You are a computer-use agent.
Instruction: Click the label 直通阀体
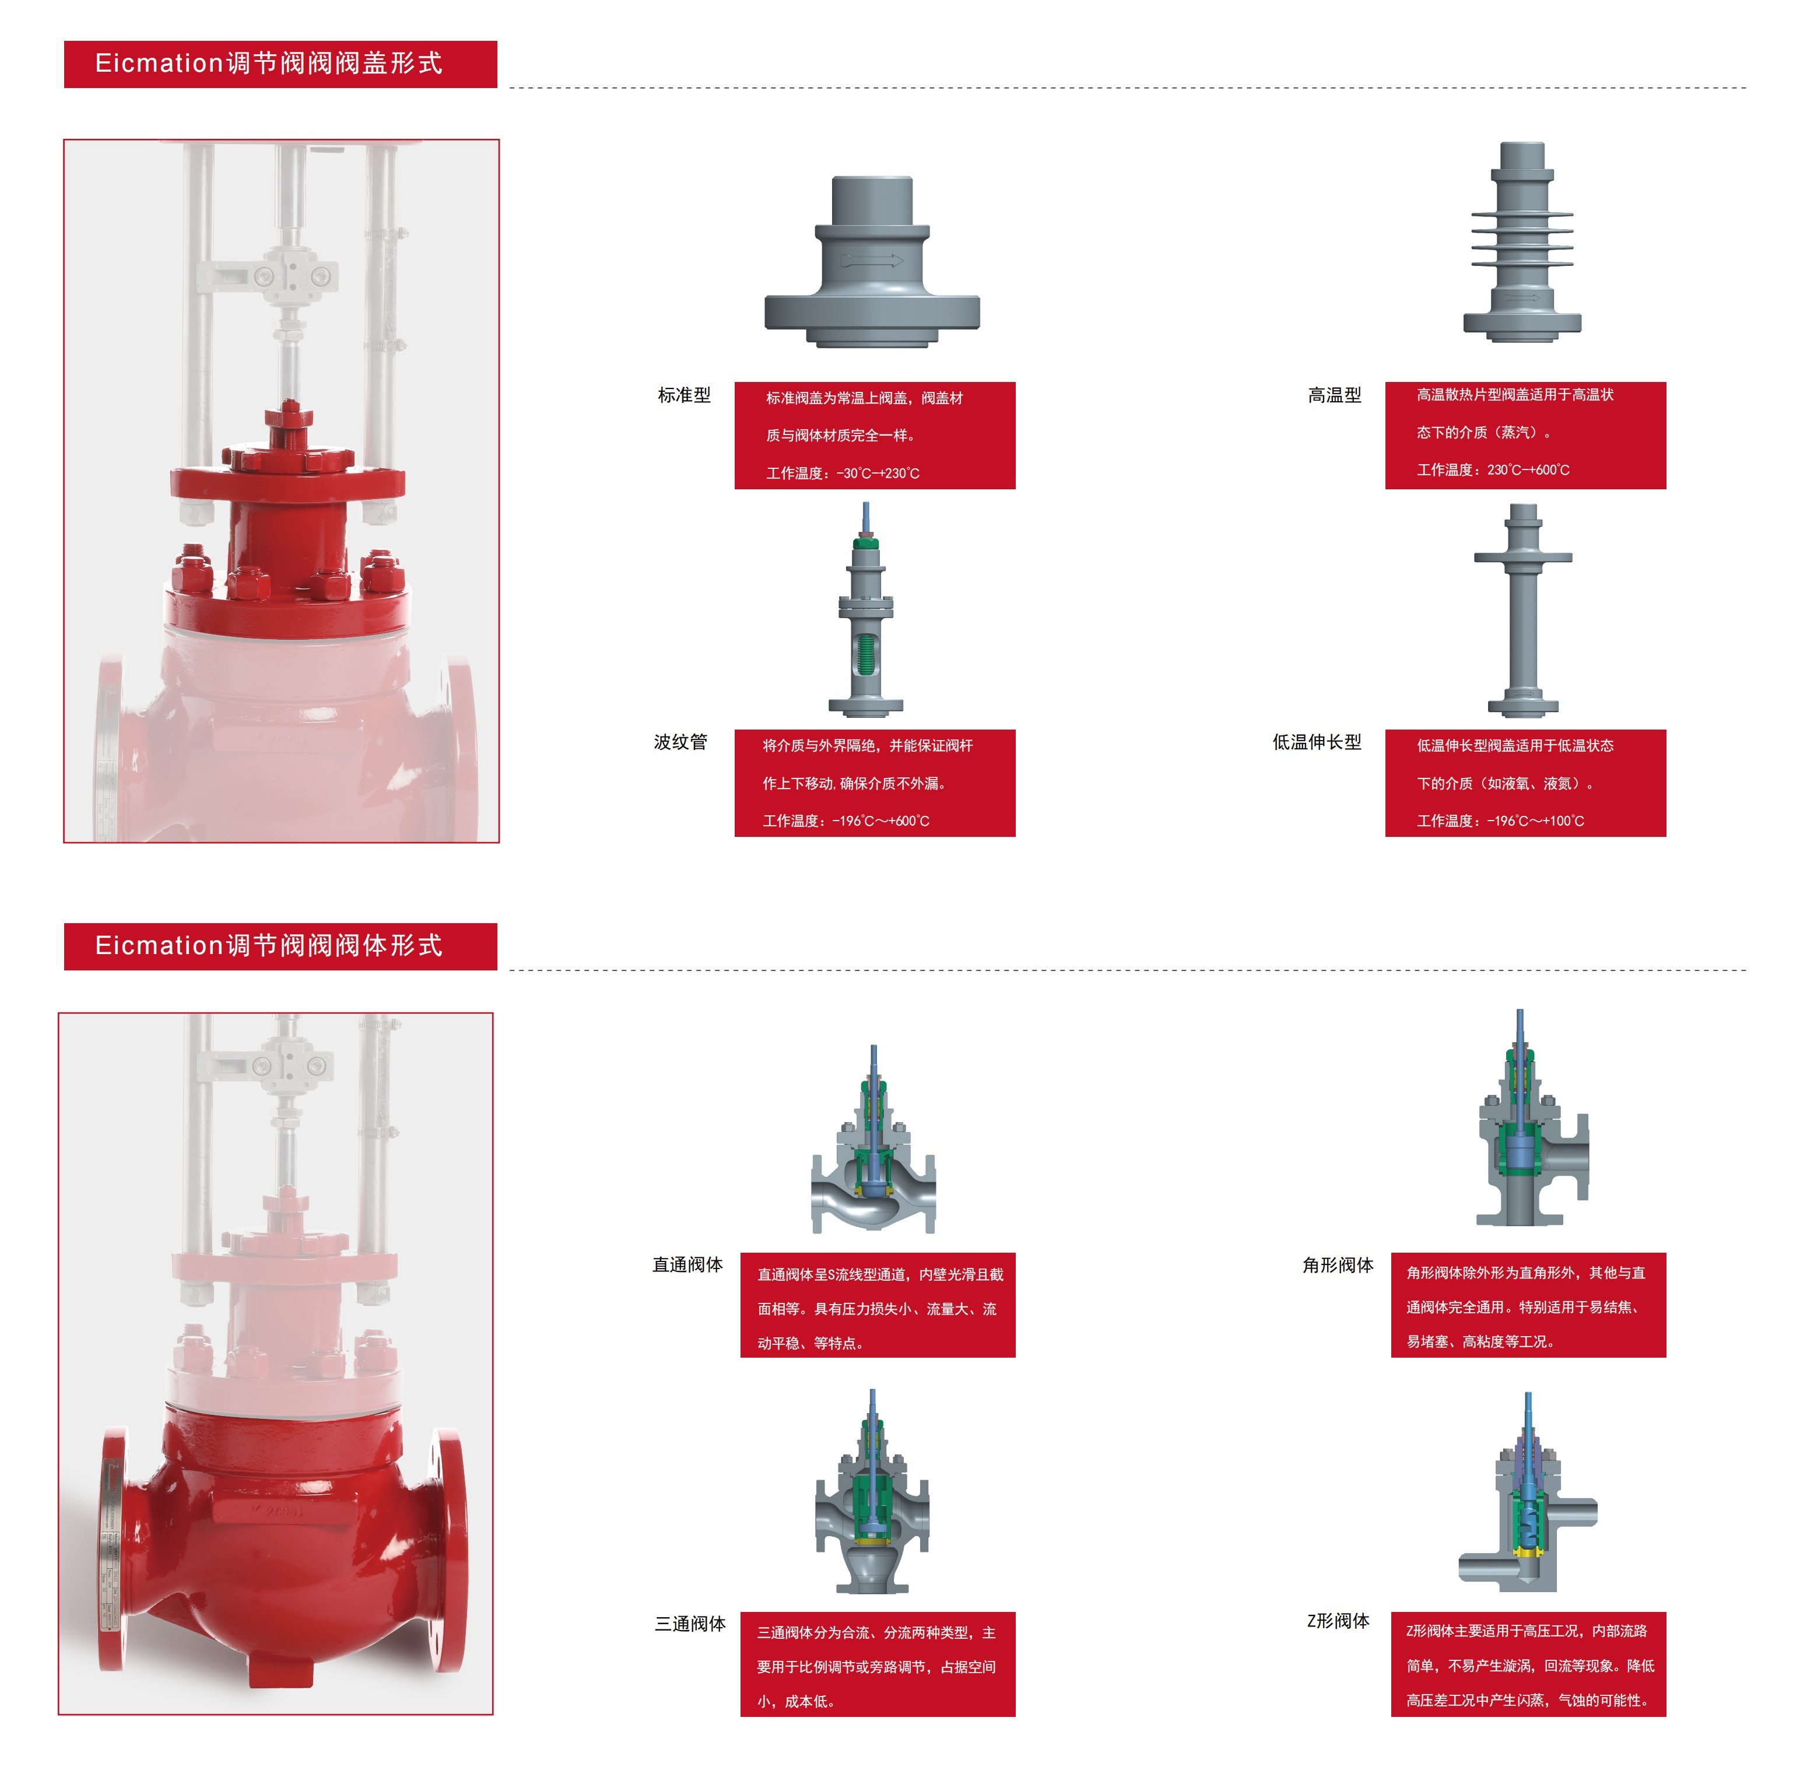coord(687,1266)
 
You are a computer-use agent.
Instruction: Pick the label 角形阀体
coord(1338,1266)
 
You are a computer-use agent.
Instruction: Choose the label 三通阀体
coord(690,1625)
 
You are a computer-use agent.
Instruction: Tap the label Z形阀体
coord(1338,1621)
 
